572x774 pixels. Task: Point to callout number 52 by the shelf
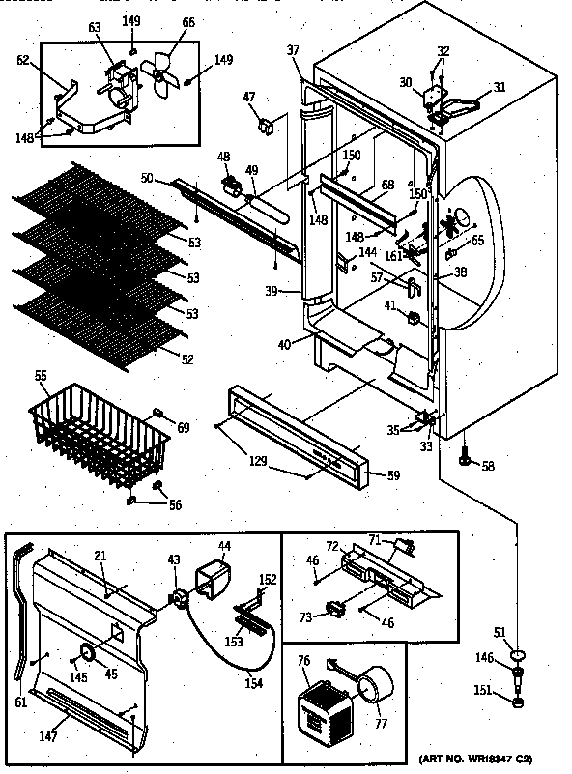point(187,359)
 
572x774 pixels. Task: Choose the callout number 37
point(293,50)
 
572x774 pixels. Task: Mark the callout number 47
point(249,97)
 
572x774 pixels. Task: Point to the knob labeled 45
point(87,655)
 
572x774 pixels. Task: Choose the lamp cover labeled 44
point(213,581)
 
